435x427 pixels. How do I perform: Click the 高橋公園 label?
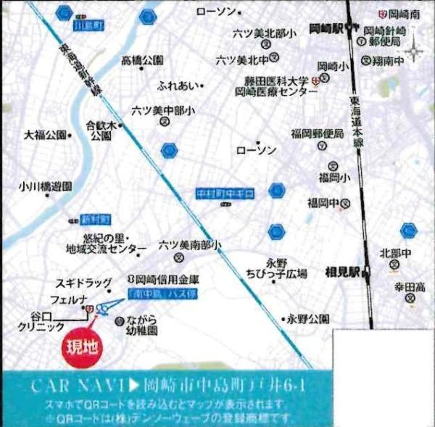point(142,60)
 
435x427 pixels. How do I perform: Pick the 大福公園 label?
point(45,135)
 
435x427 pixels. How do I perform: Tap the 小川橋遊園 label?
point(46,186)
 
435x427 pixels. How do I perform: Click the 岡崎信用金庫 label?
point(163,278)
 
